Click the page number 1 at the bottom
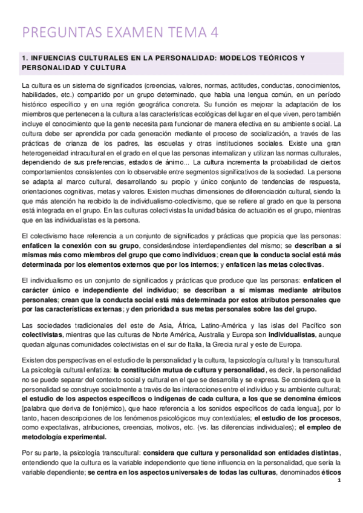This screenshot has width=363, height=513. click(340, 497)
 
